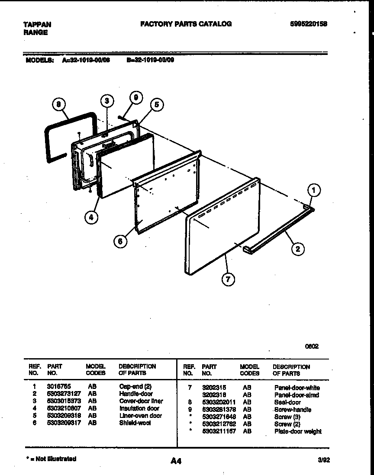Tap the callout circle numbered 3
(x=107, y=101)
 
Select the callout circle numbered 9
(x=136, y=98)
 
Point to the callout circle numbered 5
(x=157, y=104)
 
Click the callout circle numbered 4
(x=91, y=218)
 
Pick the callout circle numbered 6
(x=121, y=241)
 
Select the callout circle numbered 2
(x=297, y=249)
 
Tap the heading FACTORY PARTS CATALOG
(x=186, y=24)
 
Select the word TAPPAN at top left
(x=37, y=25)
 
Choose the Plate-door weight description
(x=298, y=432)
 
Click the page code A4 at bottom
(x=176, y=462)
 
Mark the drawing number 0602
(x=312, y=346)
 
